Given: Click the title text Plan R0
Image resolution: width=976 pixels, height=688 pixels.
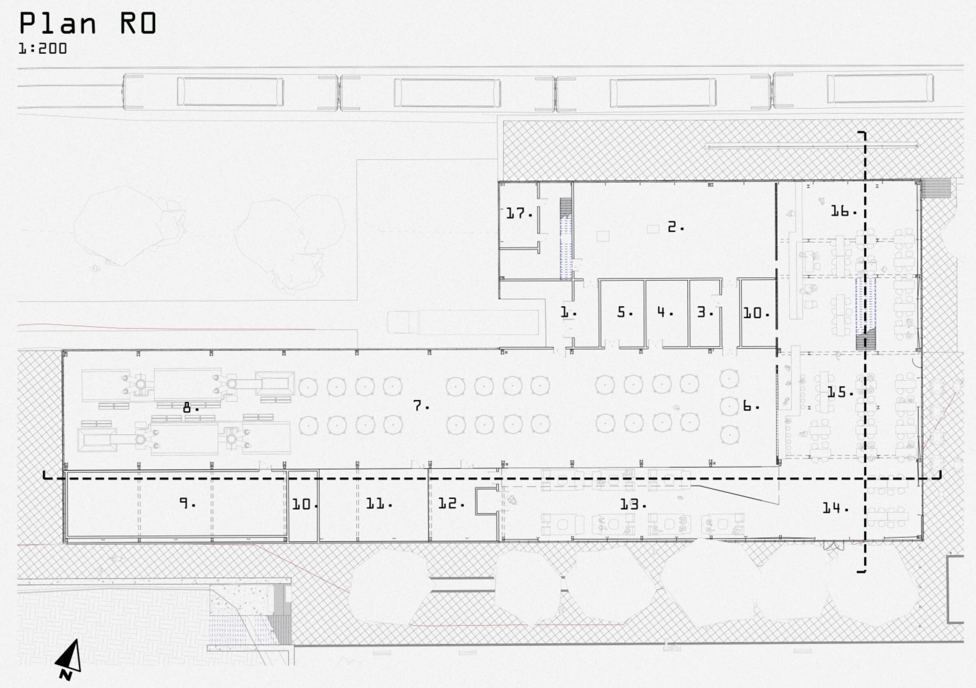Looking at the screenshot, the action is tap(88, 23).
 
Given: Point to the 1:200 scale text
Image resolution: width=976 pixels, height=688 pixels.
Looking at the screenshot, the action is tap(43, 48).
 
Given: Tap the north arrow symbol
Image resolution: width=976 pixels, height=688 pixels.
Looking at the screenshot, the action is tap(68, 659).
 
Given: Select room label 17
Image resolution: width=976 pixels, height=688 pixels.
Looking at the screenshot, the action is tap(519, 213).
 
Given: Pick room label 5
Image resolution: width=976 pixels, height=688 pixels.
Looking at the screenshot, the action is tap(625, 312).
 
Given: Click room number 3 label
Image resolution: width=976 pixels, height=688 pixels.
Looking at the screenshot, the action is tap(705, 312).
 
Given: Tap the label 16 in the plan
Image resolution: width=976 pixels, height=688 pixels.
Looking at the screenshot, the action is tap(843, 210).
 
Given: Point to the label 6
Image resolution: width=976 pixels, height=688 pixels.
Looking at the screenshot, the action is tap(751, 406).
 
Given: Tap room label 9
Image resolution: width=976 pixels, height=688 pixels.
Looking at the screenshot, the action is tap(187, 504).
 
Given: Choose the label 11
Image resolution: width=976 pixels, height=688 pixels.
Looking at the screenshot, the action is tap(379, 504).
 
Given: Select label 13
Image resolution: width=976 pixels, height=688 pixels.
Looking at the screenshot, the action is tap(633, 505).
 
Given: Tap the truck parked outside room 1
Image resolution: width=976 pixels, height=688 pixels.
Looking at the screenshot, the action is tap(463, 322).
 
